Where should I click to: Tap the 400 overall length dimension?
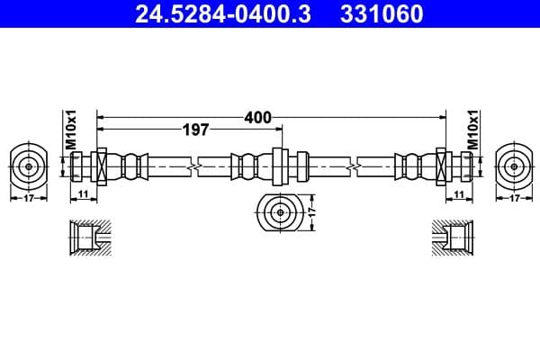tap(256, 117)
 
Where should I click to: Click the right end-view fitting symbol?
tap(512, 166)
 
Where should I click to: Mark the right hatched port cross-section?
tap(451, 238)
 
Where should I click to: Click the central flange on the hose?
tap(278, 166)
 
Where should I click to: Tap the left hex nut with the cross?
tap(101, 166)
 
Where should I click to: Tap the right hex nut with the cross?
tap(441, 166)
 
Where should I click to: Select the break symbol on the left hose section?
tap(193, 166)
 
